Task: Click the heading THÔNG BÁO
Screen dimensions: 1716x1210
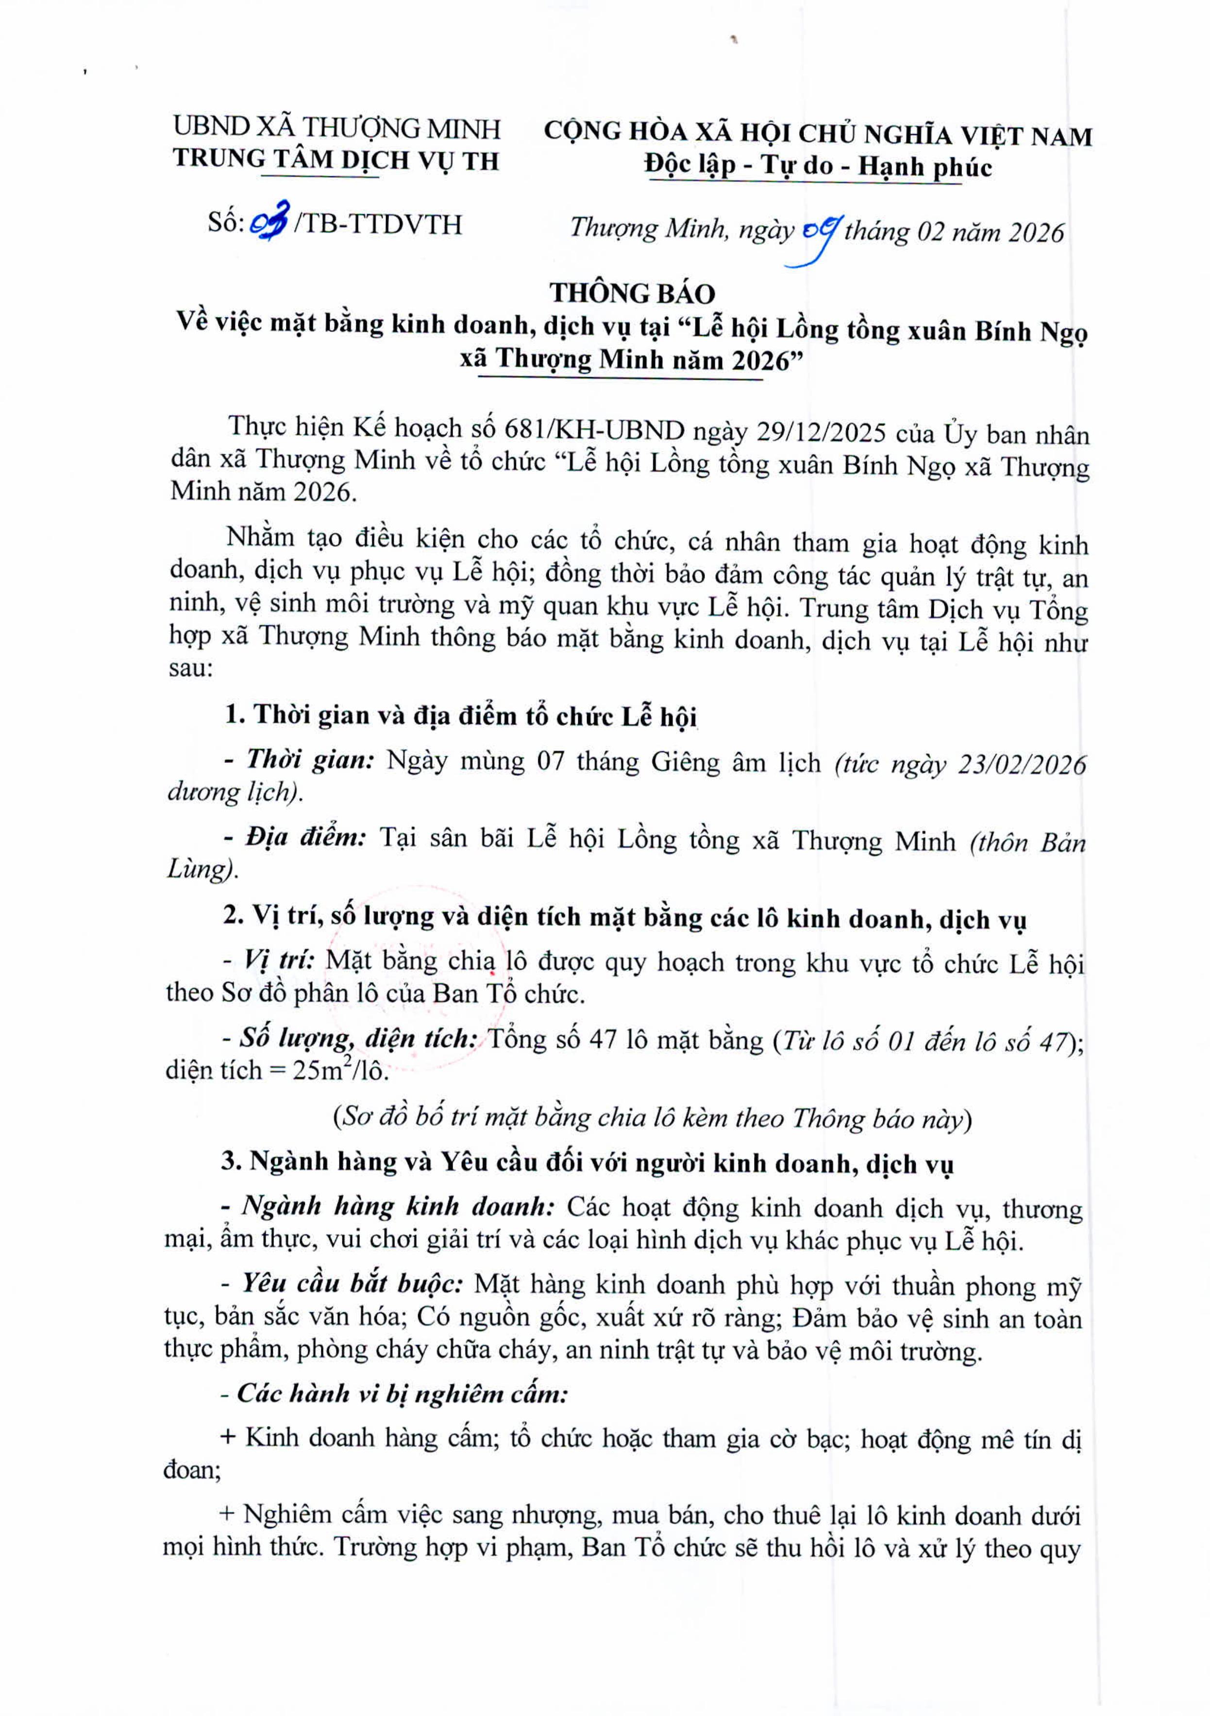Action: pyautogui.click(x=632, y=293)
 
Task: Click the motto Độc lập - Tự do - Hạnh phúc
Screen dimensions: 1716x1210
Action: pyautogui.click(x=818, y=166)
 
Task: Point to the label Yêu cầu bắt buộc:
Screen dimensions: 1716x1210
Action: pyautogui.click(x=351, y=1283)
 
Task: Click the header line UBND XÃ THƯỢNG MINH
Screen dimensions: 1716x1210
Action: pyautogui.click(x=337, y=128)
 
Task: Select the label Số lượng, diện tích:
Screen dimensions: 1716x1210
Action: pyautogui.click(x=359, y=1038)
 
